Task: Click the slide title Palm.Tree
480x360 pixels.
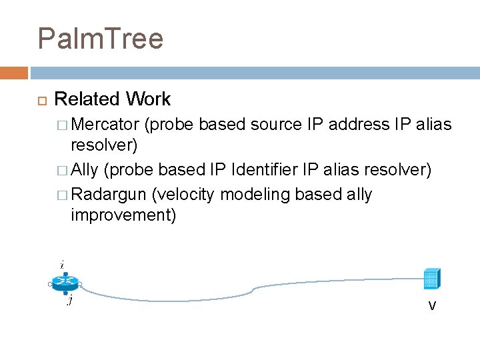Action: click(x=101, y=39)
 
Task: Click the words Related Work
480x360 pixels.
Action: click(x=112, y=99)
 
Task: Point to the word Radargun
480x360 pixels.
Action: click(x=109, y=195)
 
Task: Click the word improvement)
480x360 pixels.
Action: click(x=123, y=216)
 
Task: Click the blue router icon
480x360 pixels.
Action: click(x=65, y=283)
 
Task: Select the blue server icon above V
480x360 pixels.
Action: click(x=431, y=279)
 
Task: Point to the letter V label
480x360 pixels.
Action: click(x=432, y=306)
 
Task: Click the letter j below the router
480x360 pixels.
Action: click(x=69, y=301)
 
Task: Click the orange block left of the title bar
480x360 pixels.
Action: click(x=14, y=73)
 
